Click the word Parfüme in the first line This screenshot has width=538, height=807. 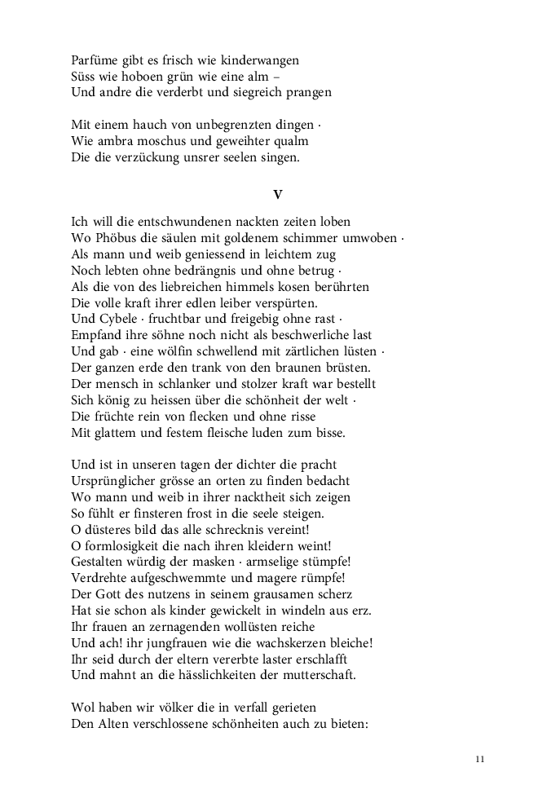(95, 60)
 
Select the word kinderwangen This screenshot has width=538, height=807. (265, 60)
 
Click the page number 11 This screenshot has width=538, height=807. (480, 760)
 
